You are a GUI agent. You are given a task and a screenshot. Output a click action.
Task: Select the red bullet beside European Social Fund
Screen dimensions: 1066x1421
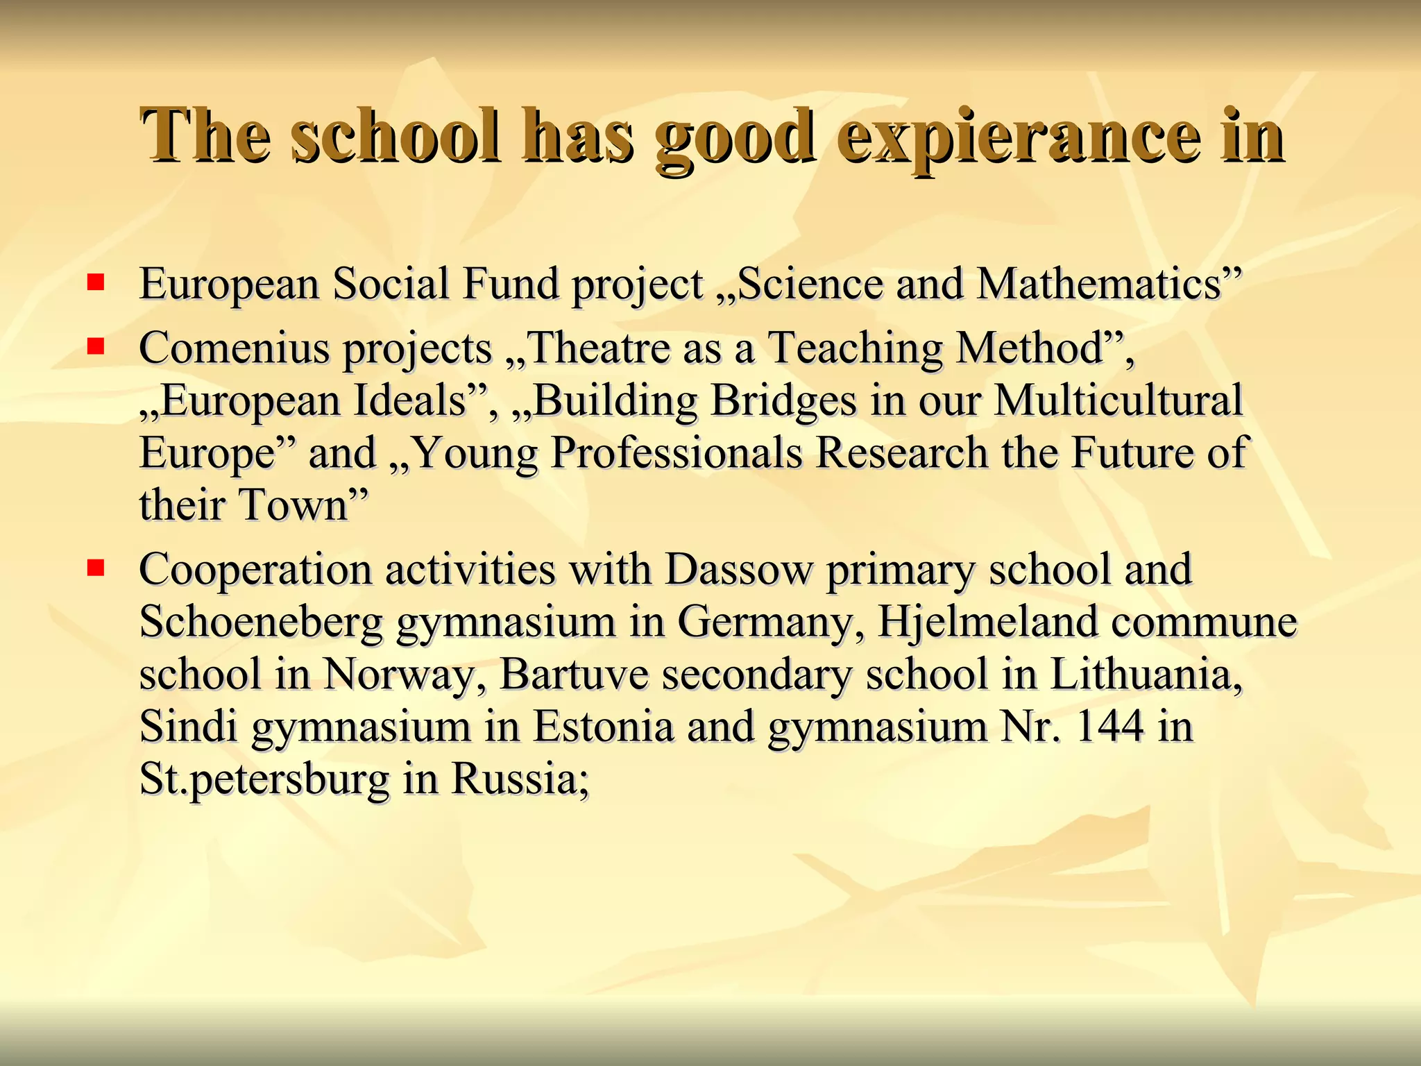[96, 282]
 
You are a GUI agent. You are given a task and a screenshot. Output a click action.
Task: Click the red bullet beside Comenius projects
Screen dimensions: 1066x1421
[96, 346]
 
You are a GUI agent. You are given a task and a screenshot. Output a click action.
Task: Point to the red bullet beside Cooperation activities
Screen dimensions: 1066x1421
[96, 568]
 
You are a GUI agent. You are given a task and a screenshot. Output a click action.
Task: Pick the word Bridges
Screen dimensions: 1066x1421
[784, 401]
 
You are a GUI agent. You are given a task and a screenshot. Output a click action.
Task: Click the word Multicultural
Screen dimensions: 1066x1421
[1118, 400]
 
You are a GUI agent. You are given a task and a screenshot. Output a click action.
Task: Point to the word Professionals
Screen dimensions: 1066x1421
[677, 453]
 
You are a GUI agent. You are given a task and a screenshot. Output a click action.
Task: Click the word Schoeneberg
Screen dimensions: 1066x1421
[261, 622]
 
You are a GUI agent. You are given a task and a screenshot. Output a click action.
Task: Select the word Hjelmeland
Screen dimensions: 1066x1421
[988, 622]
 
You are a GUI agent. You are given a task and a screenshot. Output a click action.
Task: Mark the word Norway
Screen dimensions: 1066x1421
[398, 675]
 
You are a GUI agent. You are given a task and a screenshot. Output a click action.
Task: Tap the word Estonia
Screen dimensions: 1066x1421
[603, 727]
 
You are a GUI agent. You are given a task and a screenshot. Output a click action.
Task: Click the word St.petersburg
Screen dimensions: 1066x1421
[264, 779]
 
